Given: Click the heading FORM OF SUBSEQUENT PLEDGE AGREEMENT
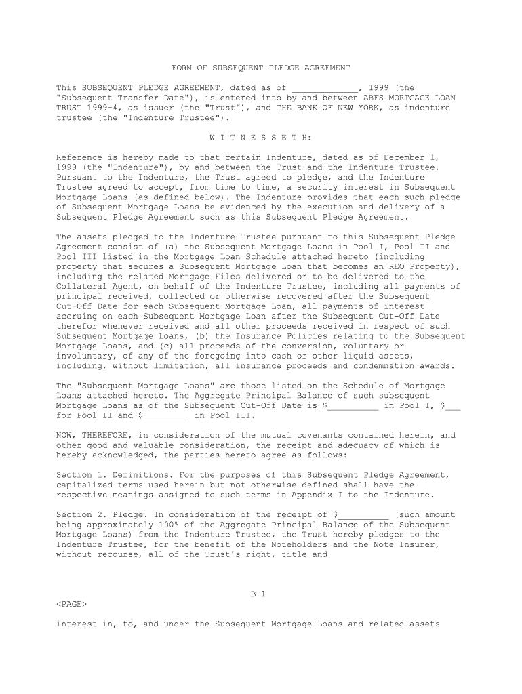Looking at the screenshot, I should tap(261, 68).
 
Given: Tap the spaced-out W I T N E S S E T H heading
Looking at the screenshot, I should tap(261, 138).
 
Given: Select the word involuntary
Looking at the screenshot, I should tap(83, 356).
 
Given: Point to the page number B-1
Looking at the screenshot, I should tap(258, 594).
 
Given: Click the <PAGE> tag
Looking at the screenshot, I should tap(71, 604).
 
